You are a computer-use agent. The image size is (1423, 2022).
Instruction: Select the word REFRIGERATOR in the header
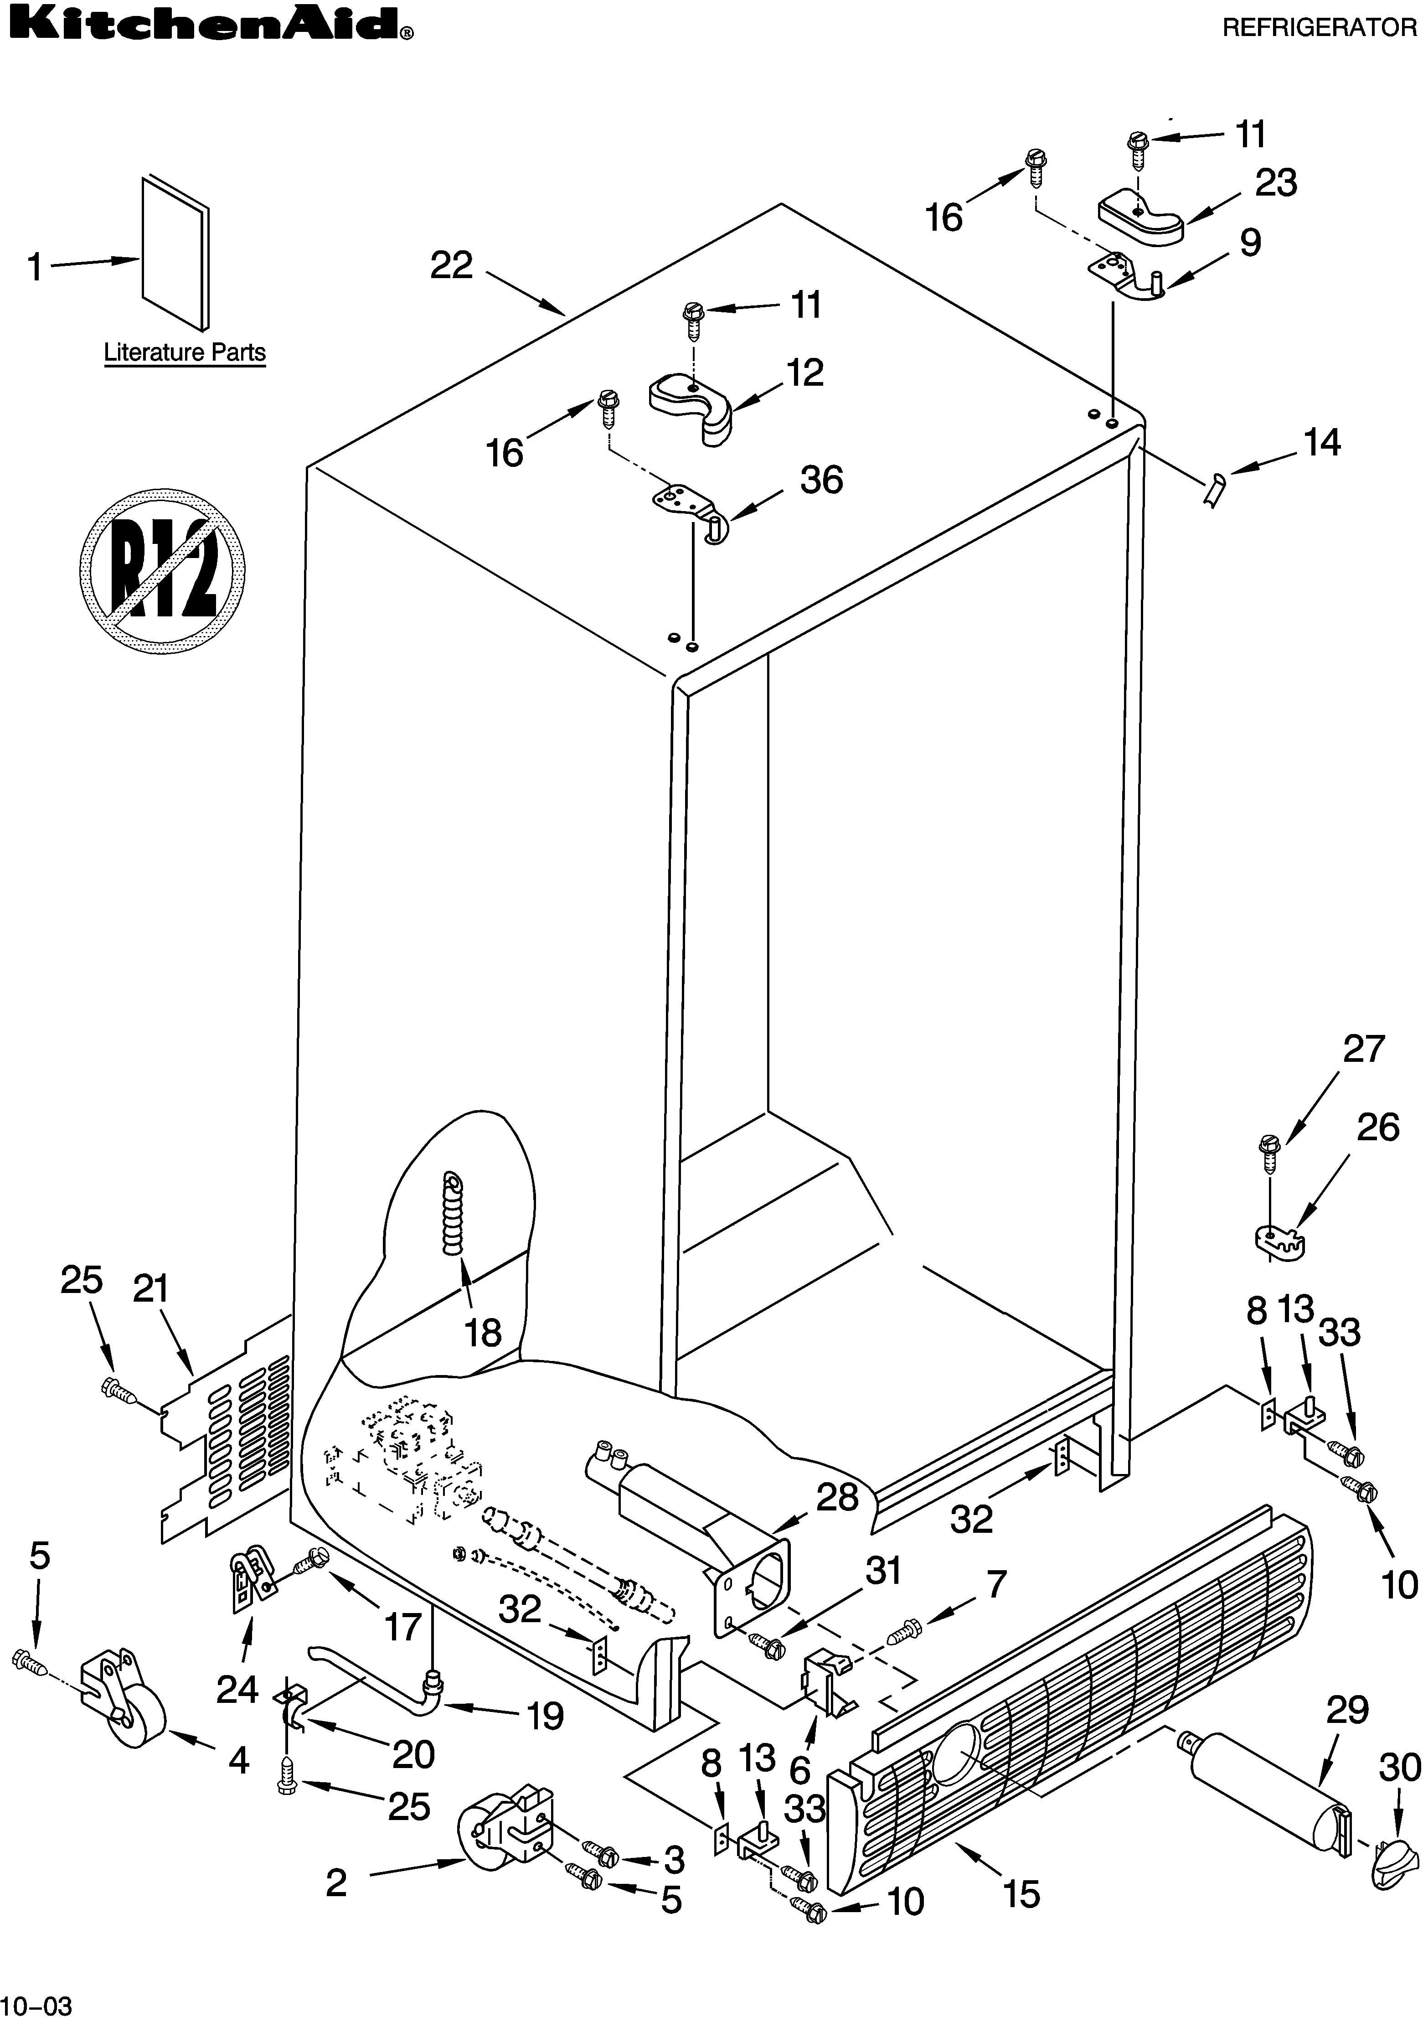click(1319, 28)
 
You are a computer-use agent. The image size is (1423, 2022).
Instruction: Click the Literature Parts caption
click(185, 353)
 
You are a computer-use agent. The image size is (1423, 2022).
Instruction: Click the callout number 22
click(452, 265)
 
